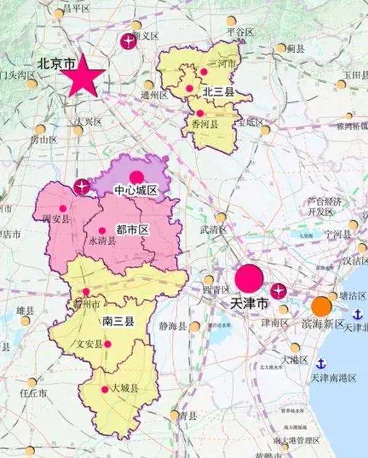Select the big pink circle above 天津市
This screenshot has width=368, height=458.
click(x=249, y=278)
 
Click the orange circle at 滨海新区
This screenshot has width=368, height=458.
click(x=321, y=306)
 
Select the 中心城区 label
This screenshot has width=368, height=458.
click(x=136, y=190)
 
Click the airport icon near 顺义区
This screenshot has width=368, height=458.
click(x=128, y=42)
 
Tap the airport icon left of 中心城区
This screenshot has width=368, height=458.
click(x=81, y=186)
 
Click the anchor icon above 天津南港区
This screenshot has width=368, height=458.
click(x=320, y=364)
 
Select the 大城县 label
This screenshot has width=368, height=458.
click(x=125, y=389)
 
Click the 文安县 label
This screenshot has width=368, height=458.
click(x=89, y=344)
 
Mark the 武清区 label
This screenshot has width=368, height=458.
click(x=213, y=230)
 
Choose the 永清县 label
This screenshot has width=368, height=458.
click(x=103, y=241)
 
